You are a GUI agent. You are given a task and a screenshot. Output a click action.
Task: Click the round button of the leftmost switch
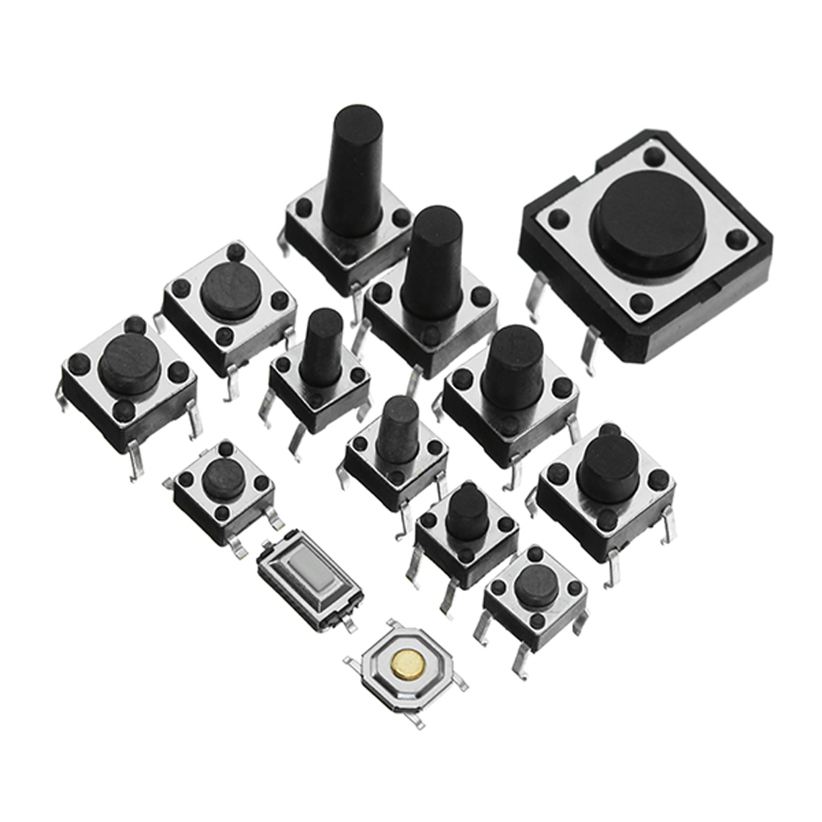click(x=129, y=362)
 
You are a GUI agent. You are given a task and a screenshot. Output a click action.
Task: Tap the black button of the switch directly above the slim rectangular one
click(x=224, y=478)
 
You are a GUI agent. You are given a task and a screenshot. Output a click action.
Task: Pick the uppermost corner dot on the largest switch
click(x=653, y=155)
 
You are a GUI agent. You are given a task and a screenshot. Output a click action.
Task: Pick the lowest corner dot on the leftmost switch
click(x=122, y=410)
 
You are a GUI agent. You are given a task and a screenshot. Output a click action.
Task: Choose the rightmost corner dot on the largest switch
click(x=737, y=238)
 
